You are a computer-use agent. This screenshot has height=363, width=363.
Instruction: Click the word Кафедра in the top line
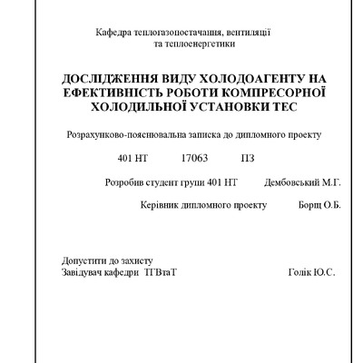point(114,33)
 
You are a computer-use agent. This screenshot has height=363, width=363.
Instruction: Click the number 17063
point(194,158)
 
